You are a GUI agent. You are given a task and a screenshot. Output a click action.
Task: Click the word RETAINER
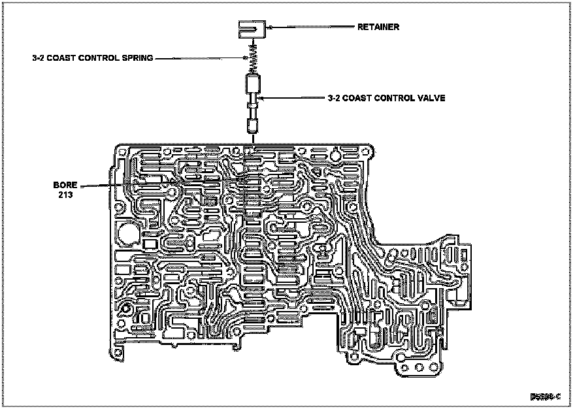(378, 27)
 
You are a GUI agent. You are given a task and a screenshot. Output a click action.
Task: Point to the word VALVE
(432, 99)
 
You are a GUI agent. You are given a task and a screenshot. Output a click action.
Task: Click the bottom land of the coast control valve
(252, 125)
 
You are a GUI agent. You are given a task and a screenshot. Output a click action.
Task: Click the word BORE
(65, 185)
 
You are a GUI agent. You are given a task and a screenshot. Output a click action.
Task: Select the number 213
(65, 195)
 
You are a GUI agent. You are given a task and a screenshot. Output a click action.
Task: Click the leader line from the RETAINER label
(314, 27)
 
